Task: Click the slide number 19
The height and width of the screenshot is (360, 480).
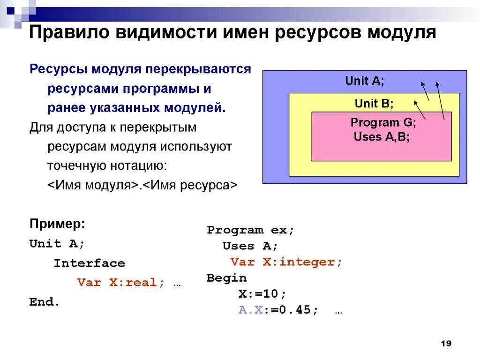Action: [x=446, y=344]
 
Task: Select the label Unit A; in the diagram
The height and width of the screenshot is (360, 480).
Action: [x=364, y=81]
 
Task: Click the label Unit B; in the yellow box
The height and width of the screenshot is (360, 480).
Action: [x=374, y=103]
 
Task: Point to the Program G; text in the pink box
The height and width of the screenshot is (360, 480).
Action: [x=383, y=123]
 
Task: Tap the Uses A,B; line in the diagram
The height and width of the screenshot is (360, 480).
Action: [x=382, y=137]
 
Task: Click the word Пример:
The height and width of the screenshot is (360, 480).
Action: [x=57, y=224]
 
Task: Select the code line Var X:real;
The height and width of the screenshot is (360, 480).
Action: [x=121, y=283]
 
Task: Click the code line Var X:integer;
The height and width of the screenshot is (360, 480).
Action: [x=286, y=262]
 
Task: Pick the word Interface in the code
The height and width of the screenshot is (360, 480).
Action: [x=89, y=263]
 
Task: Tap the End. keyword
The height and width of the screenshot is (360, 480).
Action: [x=45, y=302]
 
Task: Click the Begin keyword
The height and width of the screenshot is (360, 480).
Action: [x=226, y=278]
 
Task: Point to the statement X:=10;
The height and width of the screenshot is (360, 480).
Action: [x=262, y=294]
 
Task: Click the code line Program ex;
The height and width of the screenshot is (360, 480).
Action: [x=250, y=230]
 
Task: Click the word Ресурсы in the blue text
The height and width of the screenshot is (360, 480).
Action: [x=58, y=70]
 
